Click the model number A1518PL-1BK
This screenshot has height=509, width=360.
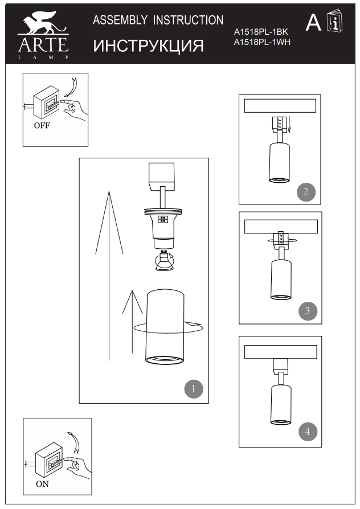click(261, 33)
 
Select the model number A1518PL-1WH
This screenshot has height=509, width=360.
click(262, 42)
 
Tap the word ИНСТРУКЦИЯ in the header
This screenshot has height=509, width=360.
click(148, 46)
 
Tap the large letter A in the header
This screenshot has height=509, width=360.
click(313, 23)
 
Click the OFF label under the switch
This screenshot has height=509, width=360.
click(42, 126)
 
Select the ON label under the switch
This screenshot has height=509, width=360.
click(42, 485)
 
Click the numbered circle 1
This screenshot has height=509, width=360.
click(193, 389)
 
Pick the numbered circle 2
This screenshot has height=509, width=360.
click(306, 191)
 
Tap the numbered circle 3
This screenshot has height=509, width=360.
click(307, 311)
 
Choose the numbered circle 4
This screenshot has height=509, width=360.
click(308, 432)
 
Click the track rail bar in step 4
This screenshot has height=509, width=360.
click(280, 351)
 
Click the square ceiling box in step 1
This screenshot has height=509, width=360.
click(164, 175)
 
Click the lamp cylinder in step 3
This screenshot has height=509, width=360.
click(279, 278)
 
